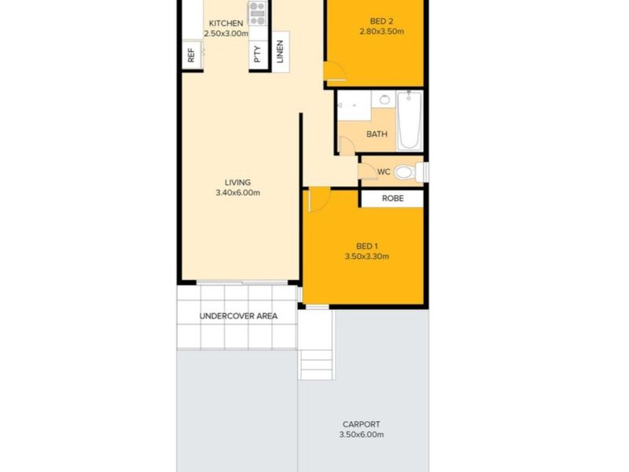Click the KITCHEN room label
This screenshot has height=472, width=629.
[226, 24]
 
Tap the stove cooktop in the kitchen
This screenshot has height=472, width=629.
[258, 13]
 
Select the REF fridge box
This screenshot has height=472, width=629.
[191, 55]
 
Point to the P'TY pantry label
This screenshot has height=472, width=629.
[258, 54]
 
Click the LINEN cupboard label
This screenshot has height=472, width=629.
[280, 52]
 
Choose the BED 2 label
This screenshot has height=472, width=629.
[381, 21]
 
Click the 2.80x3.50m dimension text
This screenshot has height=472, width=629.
[381, 31]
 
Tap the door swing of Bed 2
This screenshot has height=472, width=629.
[335, 72]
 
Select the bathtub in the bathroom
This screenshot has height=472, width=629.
[410, 120]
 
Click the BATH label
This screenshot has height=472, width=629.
[377, 134]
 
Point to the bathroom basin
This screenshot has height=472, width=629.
[384, 99]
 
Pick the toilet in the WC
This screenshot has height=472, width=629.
[411, 172]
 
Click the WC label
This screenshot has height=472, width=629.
[384, 171]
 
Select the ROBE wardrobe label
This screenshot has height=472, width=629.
[392, 198]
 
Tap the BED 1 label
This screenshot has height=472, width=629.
[367, 246]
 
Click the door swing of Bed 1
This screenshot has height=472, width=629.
[319, 200]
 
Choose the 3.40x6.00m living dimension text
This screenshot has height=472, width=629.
[238, 193]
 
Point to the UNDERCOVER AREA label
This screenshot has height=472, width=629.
[238, 316]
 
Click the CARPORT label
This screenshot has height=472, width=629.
[361, 424]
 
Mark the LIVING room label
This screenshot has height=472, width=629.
[237, 183]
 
